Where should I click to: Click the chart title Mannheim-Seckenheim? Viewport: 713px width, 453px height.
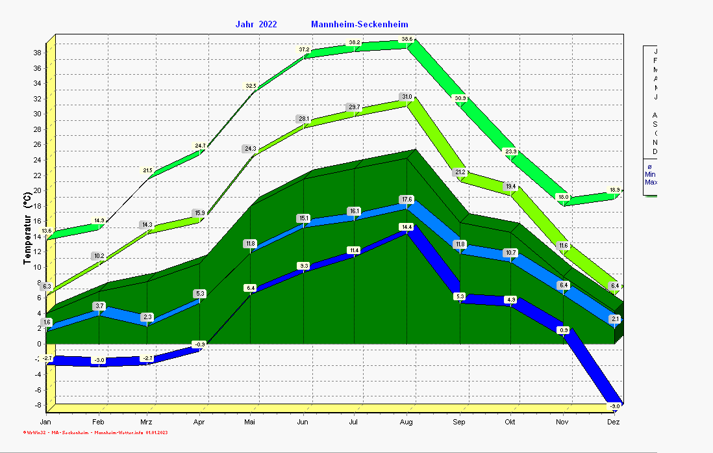point(360,25)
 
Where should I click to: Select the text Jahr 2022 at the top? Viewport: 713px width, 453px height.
point(256,25)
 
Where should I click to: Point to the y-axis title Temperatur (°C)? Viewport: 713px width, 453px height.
point(27,227)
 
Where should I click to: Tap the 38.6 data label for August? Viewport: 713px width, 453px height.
point(407,39)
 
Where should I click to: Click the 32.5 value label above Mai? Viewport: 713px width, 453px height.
point(251,86)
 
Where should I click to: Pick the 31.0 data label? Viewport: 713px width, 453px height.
point(407,97)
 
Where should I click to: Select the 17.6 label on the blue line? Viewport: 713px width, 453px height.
point(407,200)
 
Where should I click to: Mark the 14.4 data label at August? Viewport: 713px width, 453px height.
point(407,227)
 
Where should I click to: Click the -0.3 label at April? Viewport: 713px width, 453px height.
point(199,344)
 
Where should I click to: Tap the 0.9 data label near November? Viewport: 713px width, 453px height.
point(564,330)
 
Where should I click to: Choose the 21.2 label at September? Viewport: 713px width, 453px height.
point(460,172)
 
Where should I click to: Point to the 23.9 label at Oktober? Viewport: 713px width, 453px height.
point(511,151)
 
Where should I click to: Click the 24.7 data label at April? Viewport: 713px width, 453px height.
point(199,146)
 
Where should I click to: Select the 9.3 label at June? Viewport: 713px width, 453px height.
point(303,266)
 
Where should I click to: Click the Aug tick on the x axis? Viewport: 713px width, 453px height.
point(407,422)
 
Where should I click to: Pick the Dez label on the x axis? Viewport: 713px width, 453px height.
point(614,422)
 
